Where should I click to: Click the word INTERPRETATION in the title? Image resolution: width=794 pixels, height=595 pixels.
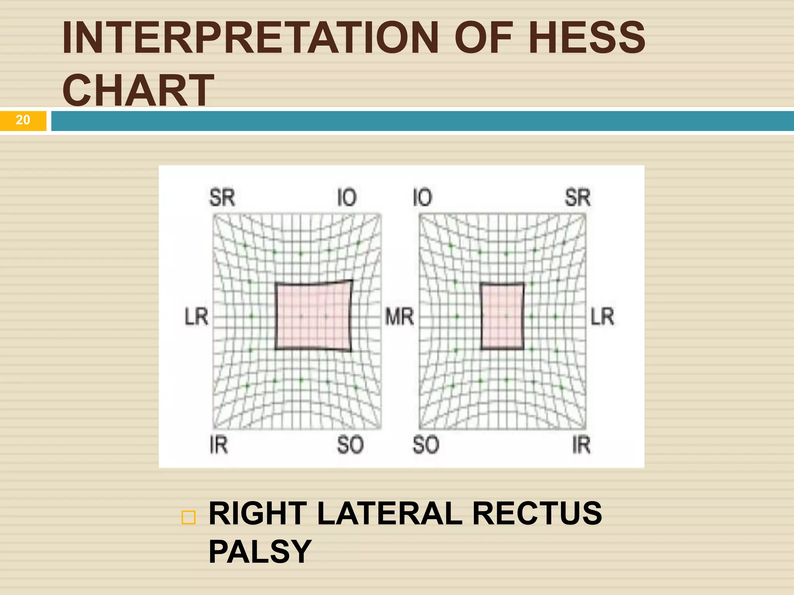click(250, 38)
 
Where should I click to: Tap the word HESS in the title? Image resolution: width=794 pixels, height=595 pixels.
click(586, 38)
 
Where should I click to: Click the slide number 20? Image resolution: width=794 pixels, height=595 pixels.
click(23, 120)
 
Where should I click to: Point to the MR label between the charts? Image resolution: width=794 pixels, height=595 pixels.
click(399, 316)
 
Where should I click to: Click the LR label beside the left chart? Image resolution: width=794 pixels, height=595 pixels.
click(197, 316)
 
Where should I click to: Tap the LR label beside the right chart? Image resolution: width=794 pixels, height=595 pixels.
click(602, 316)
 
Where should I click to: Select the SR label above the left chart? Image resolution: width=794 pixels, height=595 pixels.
click(222, 198)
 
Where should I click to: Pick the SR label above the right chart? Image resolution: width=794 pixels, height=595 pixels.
click(577, 198)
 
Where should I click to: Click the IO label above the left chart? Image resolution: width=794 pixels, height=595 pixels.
click(347, 198)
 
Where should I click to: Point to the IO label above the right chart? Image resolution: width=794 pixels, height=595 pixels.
click(422, 198)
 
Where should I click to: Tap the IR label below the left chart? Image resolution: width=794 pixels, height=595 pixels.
click(219, 445)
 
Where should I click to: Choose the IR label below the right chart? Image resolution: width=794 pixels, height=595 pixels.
click(581, 445)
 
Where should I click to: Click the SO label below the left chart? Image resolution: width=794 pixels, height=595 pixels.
click(350, 445)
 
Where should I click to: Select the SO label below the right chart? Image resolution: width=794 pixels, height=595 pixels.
click(425, 445)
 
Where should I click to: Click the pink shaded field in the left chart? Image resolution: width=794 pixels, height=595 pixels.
click(313, 316)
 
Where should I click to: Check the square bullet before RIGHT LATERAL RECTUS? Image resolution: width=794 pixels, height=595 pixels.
click(188, 518)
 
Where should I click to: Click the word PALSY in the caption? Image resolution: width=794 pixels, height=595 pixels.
click(260, 552)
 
